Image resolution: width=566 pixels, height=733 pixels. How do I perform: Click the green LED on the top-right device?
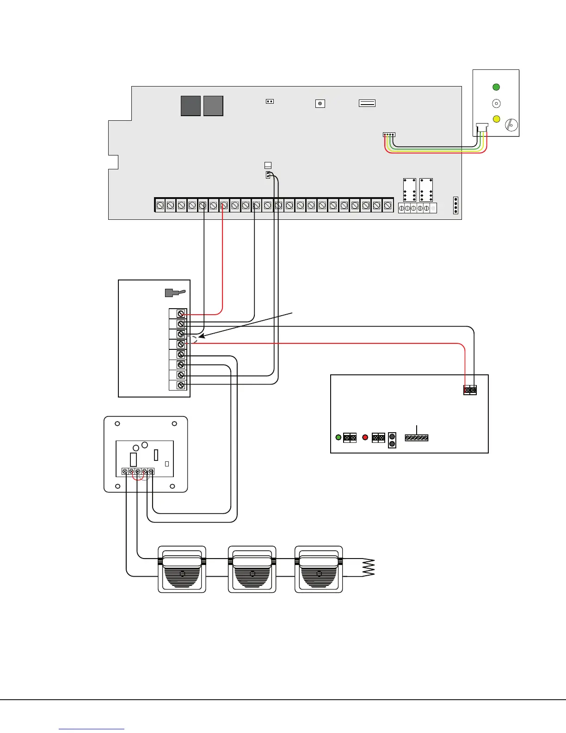coord(496,87)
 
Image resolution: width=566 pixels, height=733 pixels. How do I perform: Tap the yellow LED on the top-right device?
coord(496,119)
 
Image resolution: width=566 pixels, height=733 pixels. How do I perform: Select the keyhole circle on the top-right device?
coord(511,125)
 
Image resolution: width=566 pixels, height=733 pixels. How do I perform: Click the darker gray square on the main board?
coord(191,106)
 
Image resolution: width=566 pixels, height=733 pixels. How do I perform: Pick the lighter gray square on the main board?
coord(213,106)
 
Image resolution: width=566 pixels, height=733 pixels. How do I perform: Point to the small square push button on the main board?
coord(320,104)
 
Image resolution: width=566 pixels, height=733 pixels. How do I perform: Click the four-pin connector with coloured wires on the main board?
coord(389,135)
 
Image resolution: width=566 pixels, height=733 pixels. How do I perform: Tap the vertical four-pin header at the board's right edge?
coord(455,205)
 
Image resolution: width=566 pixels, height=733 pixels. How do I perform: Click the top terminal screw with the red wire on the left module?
coord(181,314)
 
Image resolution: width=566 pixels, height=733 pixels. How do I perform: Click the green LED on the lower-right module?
coord(338,437)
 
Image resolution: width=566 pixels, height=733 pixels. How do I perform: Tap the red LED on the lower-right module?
coord(365,437)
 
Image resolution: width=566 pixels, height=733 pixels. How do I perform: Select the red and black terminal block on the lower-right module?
coord(470,390)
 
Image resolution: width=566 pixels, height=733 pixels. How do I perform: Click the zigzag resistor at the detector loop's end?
coord(368,568)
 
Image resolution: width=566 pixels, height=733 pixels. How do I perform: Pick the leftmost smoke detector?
coord(182,569)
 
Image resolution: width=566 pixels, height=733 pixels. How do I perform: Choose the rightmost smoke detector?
coord(319,569)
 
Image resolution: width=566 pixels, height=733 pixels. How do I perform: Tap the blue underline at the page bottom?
coord(92,729)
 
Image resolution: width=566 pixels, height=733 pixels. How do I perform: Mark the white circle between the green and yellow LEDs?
coord(496,104)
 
